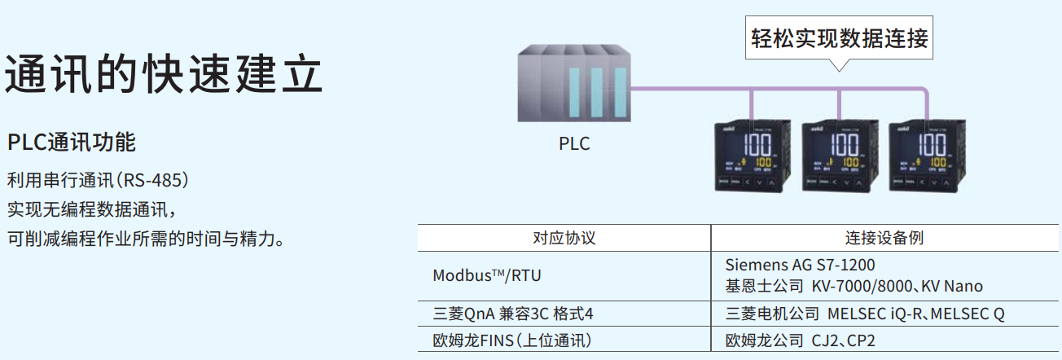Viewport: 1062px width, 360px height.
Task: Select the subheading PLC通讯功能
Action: (x=72, y=143)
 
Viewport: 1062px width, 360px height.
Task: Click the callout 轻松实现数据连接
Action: (x=839, y=38)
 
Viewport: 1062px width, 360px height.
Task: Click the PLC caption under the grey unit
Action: (x=574, y=144)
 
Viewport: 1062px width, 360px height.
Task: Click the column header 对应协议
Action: (x=564, y=239)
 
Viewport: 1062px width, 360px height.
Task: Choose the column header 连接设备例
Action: (x=884, y=239)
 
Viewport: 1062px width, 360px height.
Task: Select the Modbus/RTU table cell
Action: (x=486, y=275)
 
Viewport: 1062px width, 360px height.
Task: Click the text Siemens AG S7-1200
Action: (x=800, y=266)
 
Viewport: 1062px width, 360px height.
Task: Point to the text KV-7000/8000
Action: (x=862, y=286)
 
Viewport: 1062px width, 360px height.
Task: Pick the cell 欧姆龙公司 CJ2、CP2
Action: (x=800, y=340)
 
